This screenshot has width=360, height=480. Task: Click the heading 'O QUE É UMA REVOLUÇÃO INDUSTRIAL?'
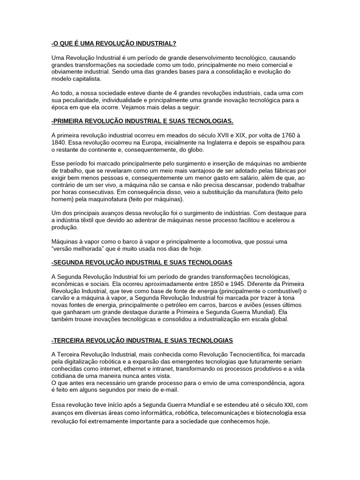[114, 44]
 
